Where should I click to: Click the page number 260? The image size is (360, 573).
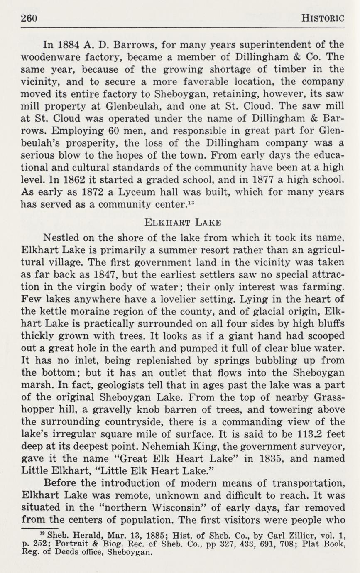[29, 18]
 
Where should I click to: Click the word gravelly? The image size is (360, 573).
[116, 409]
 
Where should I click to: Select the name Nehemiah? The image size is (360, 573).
[159, 446]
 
